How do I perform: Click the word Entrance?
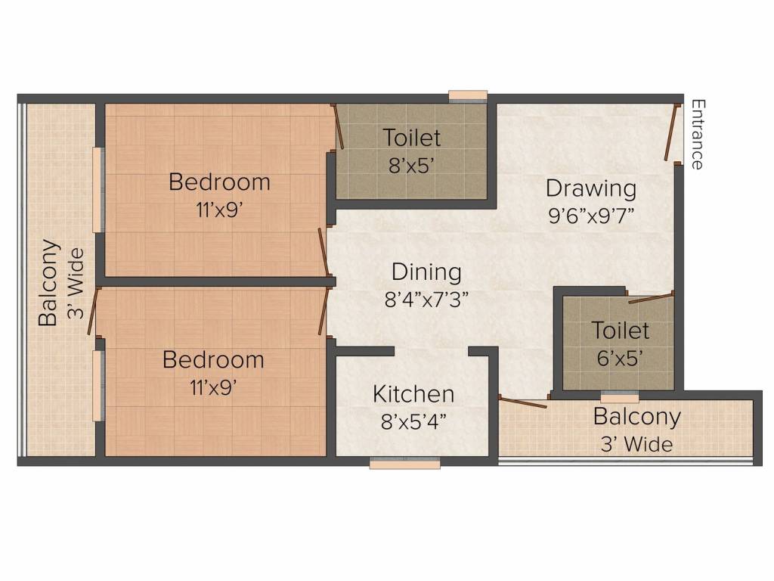point(697,134)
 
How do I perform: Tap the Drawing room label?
point(591,188)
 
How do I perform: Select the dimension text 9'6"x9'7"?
point(591,214)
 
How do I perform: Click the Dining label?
point(426,272)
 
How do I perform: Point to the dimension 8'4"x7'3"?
point(427,298)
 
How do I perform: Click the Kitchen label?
point(413,394)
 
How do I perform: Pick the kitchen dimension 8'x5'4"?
point(413,421)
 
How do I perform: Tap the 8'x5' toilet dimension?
point(411,164)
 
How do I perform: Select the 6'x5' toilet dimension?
point(620,357)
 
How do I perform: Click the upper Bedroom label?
point(219,182)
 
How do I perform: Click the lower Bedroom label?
point(213,359)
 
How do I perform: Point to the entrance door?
point(670,132)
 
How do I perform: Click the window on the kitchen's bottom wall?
point(405,464)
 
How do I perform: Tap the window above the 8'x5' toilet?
point(467,95)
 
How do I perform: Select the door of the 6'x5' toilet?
point(650,297)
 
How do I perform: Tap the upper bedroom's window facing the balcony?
point(97,189)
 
